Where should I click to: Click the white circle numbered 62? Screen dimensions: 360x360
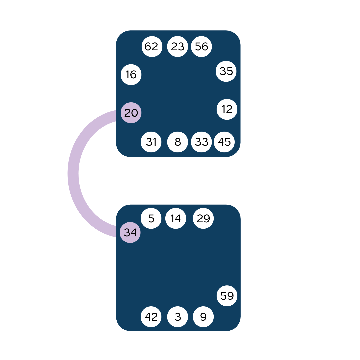coord(152,47)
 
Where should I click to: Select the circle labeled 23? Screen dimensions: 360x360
coord(177,47)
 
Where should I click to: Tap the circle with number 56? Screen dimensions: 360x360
coord(202,47)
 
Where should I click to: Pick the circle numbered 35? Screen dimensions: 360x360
coord(226,71)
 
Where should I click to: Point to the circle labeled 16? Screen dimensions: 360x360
coord(131,75)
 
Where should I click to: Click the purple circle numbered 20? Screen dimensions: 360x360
coord(131,113)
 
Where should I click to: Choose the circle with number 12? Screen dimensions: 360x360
coord(227,109)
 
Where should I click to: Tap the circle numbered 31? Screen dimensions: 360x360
coord(151,142)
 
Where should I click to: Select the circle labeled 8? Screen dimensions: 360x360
coord(177,142)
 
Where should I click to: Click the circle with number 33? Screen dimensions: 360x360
coord(202,142)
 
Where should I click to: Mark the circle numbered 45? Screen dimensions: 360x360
coord(224,142)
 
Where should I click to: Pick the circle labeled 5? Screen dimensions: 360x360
coord(151,219)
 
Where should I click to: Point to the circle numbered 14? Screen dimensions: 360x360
coord(176,219)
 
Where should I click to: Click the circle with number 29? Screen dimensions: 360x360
coord(203,219)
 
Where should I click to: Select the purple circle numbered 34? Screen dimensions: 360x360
coord(130,232)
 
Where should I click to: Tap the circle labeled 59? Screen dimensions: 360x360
coord(227,296)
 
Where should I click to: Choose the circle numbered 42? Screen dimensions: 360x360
coord(151,317)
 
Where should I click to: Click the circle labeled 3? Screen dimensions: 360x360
coord(177,317)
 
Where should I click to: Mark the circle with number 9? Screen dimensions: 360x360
coord(203,317)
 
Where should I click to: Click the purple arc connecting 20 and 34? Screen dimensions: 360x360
coord(73,173)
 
